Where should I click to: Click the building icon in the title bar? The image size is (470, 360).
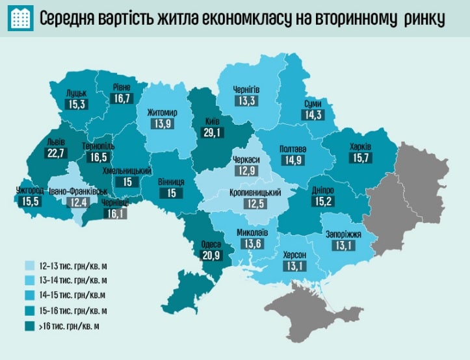tap(21, 19)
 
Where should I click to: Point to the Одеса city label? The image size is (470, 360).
tap(211, 244)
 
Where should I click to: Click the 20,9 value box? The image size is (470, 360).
tap(211, 256)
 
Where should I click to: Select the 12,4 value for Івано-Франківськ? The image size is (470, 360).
tap(79, 203)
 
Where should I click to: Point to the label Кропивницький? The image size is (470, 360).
tap(255, 193)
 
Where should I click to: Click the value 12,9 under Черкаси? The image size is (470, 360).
tap(246, 172)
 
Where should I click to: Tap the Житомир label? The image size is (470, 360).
tap(162, 112)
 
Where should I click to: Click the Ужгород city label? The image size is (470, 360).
tap(31, 191)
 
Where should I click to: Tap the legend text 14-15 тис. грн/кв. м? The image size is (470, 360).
tap(72, 296)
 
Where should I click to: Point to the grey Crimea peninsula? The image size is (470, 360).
tap(306, 305)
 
